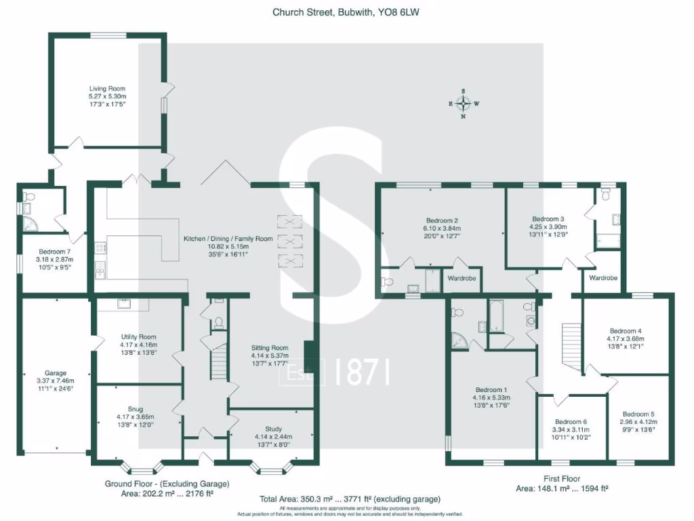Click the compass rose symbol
[464, 103]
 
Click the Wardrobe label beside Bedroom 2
[462, 278]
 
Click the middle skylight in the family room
[291, 242]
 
